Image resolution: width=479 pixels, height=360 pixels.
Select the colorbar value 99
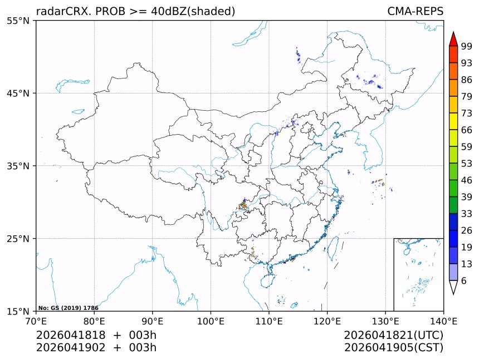(x=467, y=46)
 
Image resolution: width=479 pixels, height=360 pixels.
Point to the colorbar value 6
(x=464, y=281)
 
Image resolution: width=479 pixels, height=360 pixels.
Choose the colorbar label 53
(x=467, y=164)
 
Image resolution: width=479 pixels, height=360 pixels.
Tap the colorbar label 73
(x=467, y=114)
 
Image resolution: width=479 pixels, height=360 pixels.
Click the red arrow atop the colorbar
(x=453, y=39)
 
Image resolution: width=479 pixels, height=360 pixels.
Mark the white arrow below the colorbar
(x=453, y=287)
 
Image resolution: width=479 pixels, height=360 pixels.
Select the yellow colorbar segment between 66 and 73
(x=453, y=121)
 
